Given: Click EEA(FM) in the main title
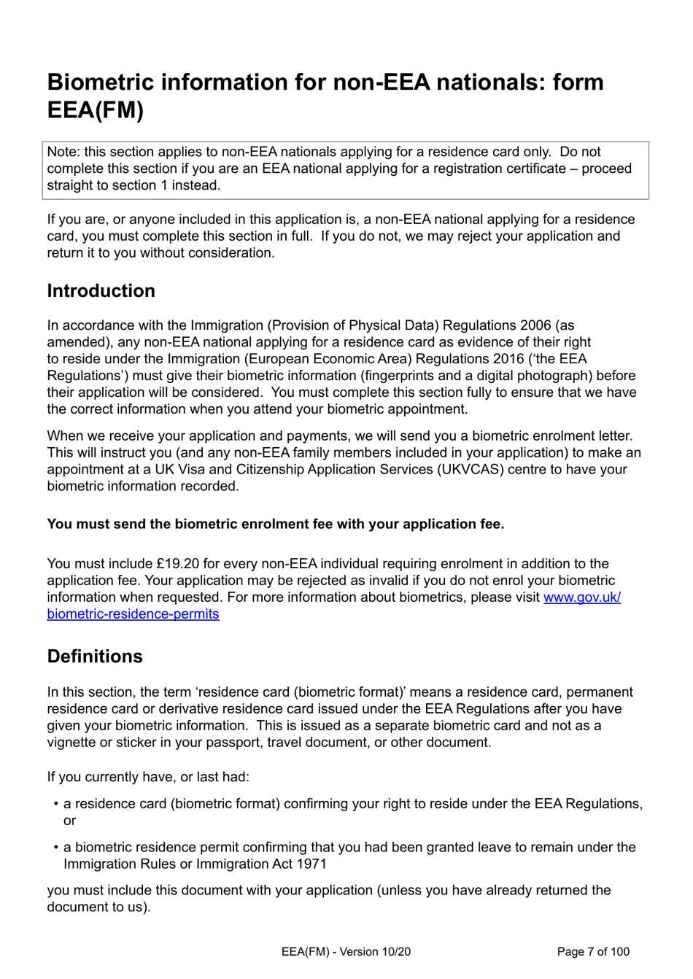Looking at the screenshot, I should tap(95, 110).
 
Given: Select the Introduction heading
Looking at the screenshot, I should tap(101, 290).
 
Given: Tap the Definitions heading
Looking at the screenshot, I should tap(95, 656).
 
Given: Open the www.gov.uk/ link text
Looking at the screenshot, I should tap(581, 597).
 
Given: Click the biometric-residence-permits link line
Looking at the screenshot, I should tap(133, 614).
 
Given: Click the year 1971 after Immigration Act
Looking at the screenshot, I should tap(311, 864).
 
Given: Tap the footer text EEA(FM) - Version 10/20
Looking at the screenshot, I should tap(346, 951).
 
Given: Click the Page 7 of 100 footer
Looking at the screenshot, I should tap(592, 951).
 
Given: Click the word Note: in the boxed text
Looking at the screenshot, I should tap(63, 152).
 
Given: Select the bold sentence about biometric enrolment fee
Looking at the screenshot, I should tap(275, 524).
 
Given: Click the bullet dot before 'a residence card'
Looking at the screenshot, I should tap(56, 804).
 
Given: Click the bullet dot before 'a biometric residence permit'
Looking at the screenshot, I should tap(56, 848).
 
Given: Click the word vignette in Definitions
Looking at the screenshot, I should tap(72, 742).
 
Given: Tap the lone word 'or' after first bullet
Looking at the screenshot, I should tap(69, 820).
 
